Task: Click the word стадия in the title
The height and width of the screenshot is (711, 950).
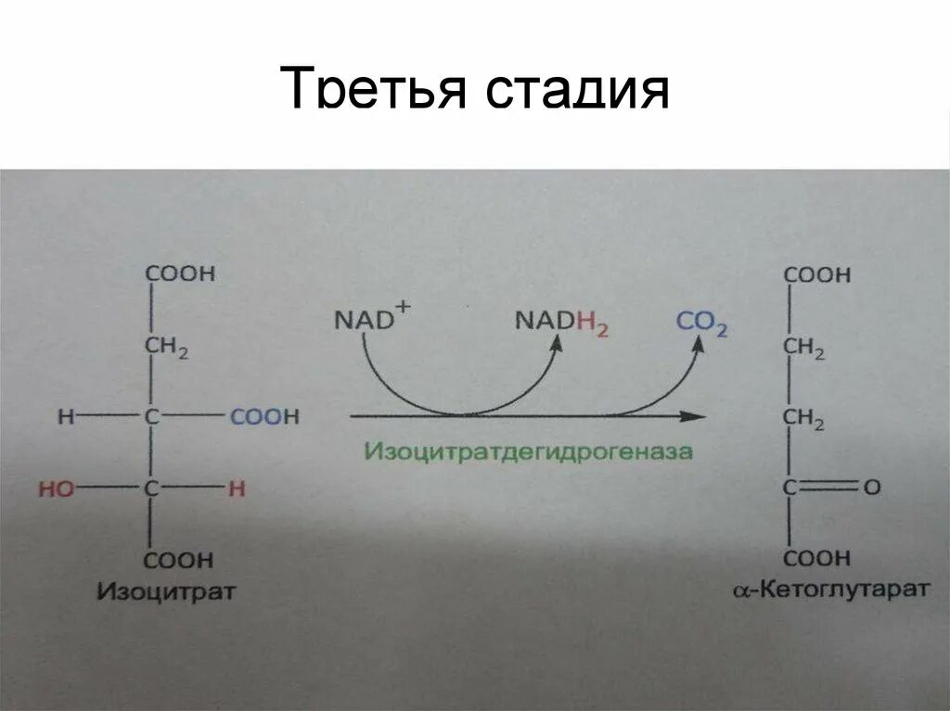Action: (x=574, y=91)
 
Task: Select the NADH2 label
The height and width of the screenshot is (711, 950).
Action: (x=561, y=322)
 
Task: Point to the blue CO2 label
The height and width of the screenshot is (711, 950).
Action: (x=701, y=322)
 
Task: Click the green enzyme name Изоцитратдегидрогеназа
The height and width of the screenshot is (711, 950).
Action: (x=528, y=452)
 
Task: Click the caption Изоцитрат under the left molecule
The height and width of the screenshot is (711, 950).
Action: (x=167, y=590)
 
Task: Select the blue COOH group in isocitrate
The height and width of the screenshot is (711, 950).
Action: (x=264, y=417)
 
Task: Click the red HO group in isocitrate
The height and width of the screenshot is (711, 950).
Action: (x=56, y=489)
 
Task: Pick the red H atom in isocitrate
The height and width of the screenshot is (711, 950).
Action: (x=237, y=489)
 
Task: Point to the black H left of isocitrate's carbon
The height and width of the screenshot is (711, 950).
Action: (x=65, y=417)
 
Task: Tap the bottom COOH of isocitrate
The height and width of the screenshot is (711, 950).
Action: (x=179, y=560)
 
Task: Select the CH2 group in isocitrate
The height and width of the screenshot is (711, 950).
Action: (x=166, y=347)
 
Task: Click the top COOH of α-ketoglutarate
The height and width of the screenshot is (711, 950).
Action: (x=816, y=275)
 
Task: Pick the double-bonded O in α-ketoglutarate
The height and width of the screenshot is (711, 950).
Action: (x=871, y=487)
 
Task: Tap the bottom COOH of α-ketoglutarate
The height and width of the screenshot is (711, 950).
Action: (x=816, y=558)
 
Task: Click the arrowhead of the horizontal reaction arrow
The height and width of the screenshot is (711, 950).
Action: (x=692, y=416)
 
